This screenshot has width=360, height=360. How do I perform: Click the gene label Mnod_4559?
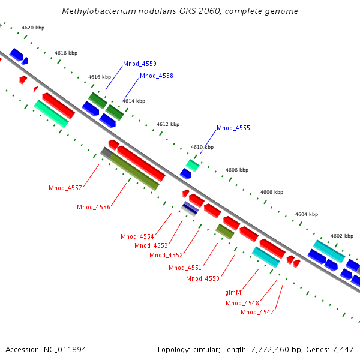point(140,64)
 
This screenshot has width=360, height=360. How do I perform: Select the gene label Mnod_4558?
point(157,76)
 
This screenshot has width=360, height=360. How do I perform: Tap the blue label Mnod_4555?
point(233,128)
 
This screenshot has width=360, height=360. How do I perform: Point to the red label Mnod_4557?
point(65,188)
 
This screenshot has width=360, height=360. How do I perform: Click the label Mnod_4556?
point(94,207)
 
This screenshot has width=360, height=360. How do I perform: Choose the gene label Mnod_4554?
point(137,236)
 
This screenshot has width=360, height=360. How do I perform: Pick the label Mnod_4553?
point(151,245)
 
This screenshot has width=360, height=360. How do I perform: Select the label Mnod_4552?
point(166,255)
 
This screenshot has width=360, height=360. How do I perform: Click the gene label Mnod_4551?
point(185,268)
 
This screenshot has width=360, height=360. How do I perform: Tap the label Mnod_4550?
point(203,278)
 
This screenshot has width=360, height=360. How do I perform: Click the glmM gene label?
point(233,292)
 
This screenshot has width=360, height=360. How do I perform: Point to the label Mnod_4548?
point(242,303)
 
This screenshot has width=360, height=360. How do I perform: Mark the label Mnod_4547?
point(257,312)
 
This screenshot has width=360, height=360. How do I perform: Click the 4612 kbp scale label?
point(168,124)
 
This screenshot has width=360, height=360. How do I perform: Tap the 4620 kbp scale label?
point(33,28)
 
